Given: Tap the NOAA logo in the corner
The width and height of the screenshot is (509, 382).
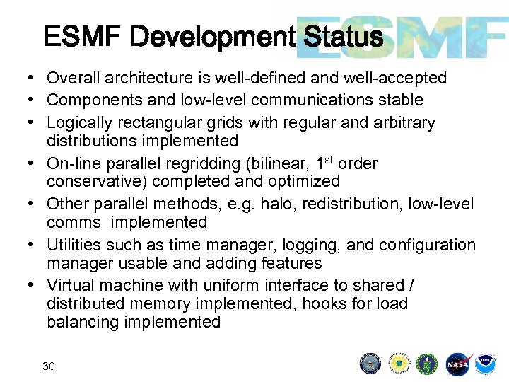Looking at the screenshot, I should (x=486, y=364).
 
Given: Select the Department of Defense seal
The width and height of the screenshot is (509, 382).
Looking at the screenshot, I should (x=370, y=364).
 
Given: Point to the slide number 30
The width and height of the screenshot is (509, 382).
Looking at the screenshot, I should (x=49, y=366).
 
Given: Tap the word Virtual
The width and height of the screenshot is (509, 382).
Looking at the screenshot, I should (x=71, y=285).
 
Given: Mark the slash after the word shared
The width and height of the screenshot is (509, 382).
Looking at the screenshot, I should (x=411, y=285).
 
